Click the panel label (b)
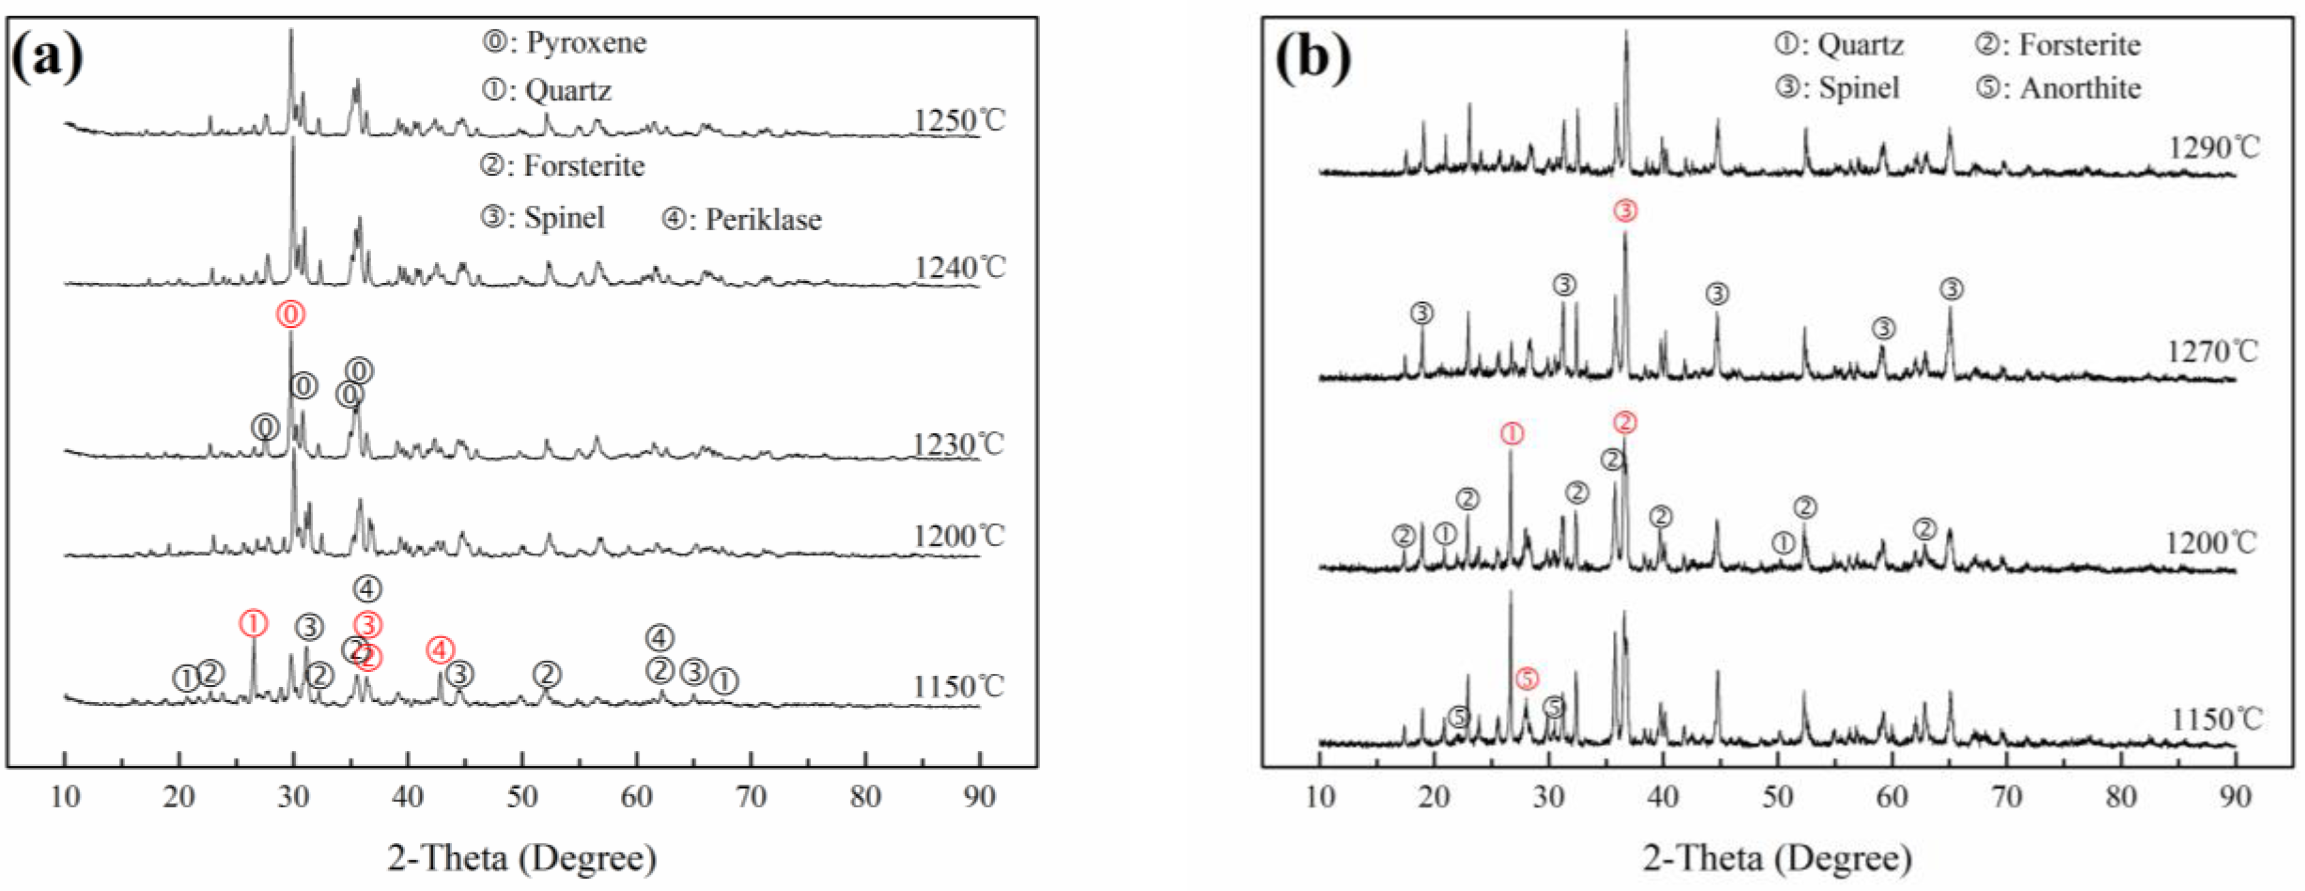[1312, 58]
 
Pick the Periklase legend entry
[742, 219]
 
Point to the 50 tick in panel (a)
[522, 796]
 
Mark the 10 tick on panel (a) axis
[64, 796]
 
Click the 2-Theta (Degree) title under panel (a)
[522, 857]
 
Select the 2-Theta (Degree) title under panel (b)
[1777, 857]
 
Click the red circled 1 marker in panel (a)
[253, 624]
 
